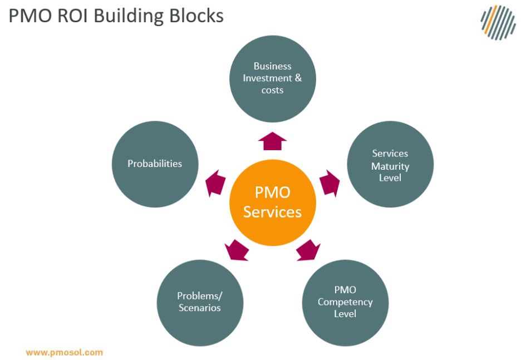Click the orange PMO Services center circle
(273, 203)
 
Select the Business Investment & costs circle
(273, 78)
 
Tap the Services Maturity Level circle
(390, 165)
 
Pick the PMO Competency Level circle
(345, 302)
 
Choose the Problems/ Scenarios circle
(200, 302)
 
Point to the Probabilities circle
(155, 164)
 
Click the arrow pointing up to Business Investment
(273, 141)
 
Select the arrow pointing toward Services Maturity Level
(330, 183)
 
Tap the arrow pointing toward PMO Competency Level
(308, 250)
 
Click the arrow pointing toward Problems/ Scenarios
(237, 250)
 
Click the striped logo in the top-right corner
(498, 23)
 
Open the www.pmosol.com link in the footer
(64, 352)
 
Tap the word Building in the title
(129, 16)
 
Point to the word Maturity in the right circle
(390, 166)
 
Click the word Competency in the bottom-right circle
(345, 302)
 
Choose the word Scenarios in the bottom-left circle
(200, 308)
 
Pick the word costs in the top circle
(273, 90)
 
